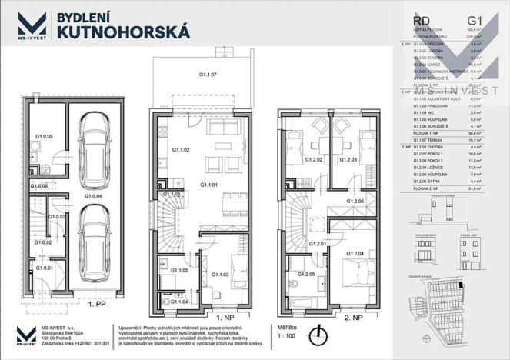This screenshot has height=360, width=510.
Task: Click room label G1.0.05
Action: coord(45,136)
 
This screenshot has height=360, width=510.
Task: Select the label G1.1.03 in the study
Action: coord(220,274)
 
